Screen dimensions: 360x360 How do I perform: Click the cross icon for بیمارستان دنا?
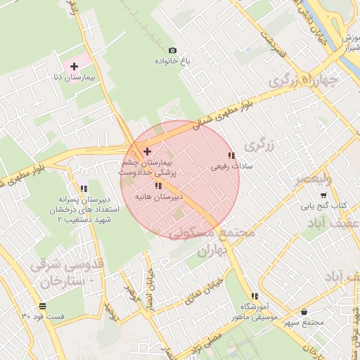74,66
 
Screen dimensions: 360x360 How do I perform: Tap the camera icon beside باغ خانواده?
173,50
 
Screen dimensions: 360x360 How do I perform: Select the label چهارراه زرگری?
304,82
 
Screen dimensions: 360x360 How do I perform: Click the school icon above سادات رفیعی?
231,155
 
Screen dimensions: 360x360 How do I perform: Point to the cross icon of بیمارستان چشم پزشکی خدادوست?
146,151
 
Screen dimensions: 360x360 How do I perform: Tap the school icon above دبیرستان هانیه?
158,186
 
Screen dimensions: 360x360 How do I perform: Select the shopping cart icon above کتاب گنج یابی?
323,195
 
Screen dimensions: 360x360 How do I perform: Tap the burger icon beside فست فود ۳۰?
44,305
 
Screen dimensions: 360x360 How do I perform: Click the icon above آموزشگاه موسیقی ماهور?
254,296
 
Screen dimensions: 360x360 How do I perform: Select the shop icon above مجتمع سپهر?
304,311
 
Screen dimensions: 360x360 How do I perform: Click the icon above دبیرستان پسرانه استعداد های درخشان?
84,188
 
